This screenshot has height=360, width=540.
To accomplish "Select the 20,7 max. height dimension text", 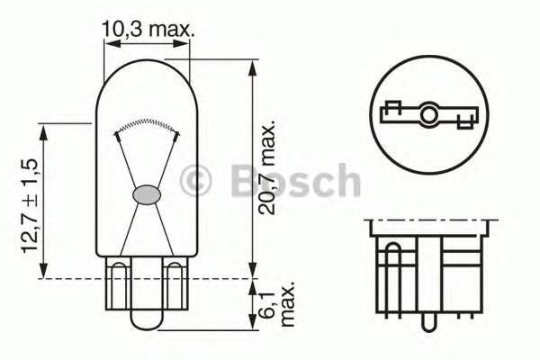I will pyautogui.click(x=267, y=171).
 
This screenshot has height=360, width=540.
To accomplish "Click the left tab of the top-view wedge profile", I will pyautogui.click(x=391, y=112).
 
